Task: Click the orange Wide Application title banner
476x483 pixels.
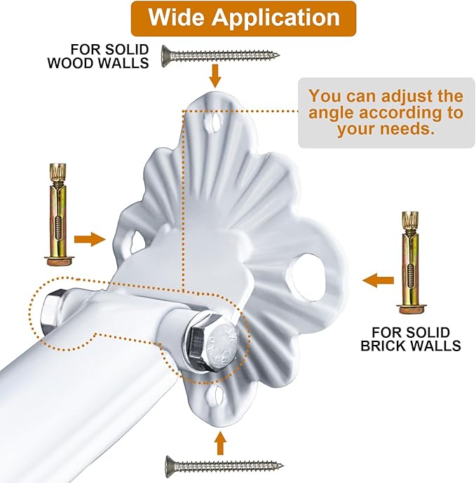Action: (x=243, y=18)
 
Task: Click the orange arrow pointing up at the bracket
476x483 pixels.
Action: (x=221, y=442)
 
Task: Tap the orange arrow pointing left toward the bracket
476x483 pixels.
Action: (x=378, y=281)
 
